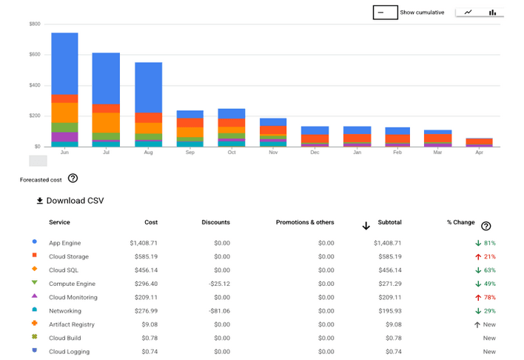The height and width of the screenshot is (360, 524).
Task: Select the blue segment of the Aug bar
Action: coord(148,87)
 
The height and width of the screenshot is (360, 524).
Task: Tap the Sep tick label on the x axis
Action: coord(190,153)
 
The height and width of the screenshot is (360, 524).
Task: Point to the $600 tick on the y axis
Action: coord(35,55)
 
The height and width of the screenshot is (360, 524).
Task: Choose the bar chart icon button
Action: coord(492,12)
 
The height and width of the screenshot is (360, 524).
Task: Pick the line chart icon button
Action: coord(468,12)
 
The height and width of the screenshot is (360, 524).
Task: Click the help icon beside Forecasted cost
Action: coord(73,179)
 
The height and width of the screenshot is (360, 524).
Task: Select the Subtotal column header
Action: coord(390,222)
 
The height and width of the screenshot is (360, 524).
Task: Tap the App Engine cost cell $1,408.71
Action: coord(144,243)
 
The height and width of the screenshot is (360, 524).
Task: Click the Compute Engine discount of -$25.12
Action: coord(217,284)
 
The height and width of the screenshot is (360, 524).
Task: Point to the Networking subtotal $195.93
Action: coord(389,311)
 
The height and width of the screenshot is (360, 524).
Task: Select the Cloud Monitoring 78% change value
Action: coord(486,297)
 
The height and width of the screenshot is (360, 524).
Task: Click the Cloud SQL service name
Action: coord(64,270)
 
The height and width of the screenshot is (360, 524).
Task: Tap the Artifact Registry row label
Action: coord(71,324)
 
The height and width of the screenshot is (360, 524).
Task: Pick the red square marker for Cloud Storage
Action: coord(35,256)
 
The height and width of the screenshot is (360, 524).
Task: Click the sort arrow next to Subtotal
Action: coord(366,225)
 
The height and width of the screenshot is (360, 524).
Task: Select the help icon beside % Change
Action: coord(486,226)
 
